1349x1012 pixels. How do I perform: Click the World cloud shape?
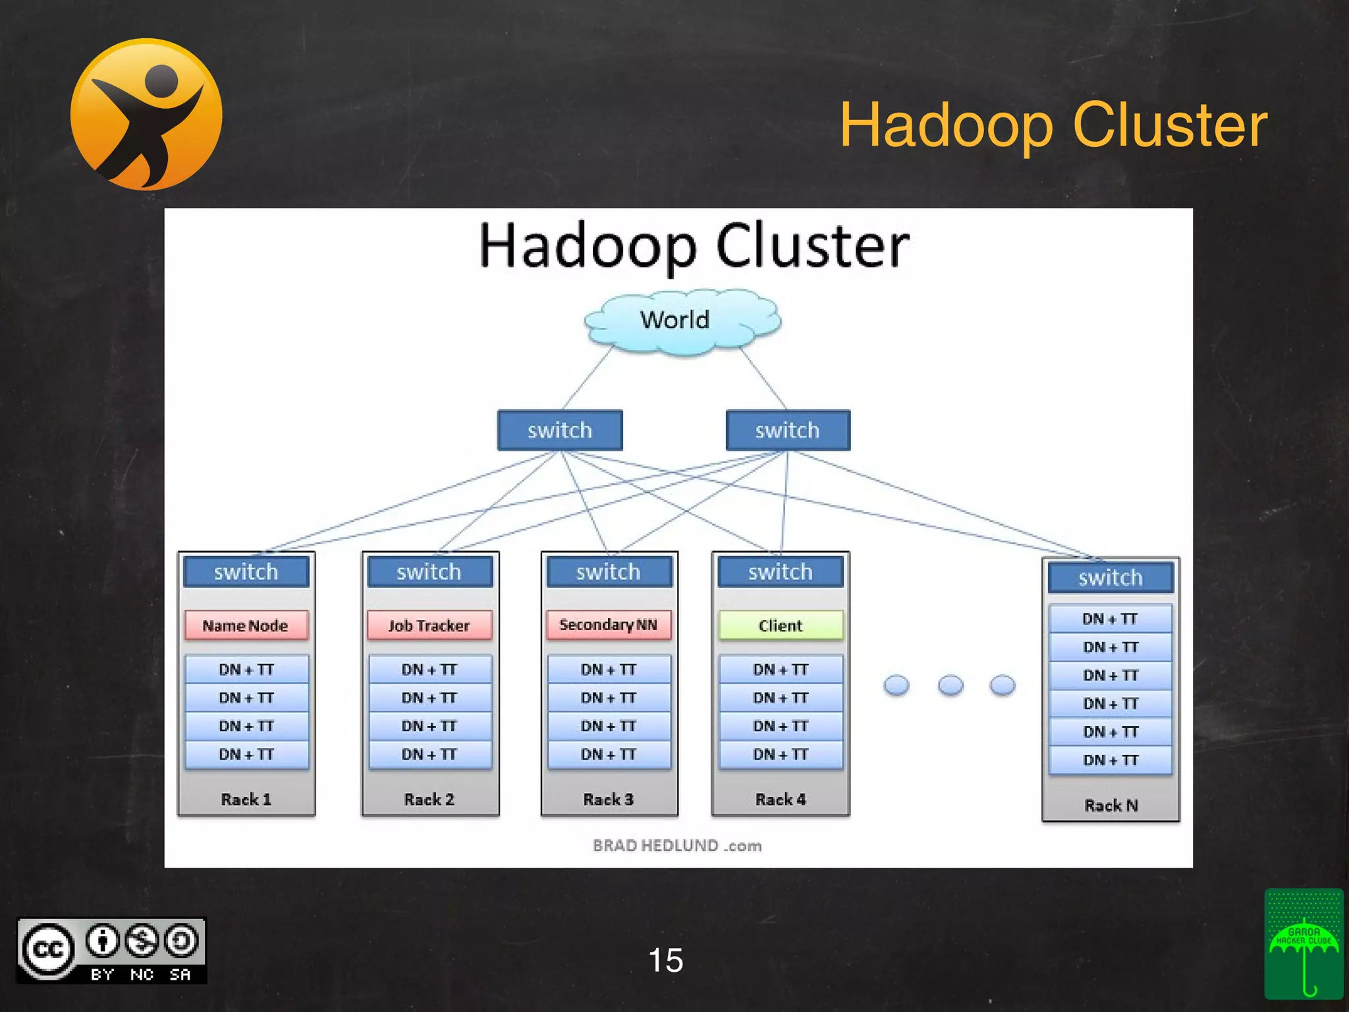[682, 321]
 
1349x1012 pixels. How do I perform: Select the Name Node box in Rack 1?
[246, 625]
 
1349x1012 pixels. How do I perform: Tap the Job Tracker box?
[429, 625]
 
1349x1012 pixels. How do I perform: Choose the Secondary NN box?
[608, 625]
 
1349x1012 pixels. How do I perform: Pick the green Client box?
[781, 625]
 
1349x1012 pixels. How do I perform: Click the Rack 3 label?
[608, 799]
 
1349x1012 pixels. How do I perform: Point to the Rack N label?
[1111, 805]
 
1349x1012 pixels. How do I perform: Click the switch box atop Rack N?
[1111, 578]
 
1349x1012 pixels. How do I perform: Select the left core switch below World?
[560, 430]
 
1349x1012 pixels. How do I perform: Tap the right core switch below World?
[788, 430]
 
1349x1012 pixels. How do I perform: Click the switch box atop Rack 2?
[429, 572]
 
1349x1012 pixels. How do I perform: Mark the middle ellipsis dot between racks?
[950, 685]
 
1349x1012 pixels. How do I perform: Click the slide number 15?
[665, 960]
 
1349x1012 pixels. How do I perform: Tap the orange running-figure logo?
[146, 114]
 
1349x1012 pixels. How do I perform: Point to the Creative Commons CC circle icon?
[47, 949]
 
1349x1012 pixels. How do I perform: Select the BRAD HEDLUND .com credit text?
[677, 845]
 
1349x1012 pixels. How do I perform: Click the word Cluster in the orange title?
[1170, 125]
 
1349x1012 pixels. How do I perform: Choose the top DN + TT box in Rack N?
[1111, 619]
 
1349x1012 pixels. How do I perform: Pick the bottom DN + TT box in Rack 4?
[781, 754]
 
